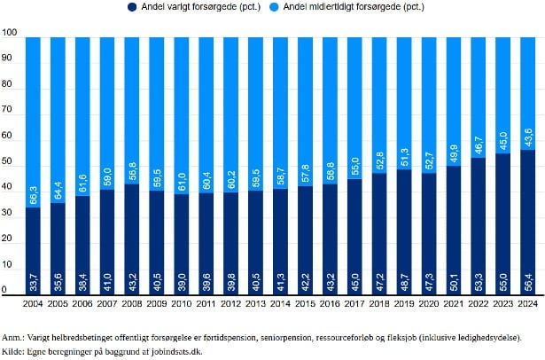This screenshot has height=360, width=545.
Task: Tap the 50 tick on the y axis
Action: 8,163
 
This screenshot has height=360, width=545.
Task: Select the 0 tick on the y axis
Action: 5,291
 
